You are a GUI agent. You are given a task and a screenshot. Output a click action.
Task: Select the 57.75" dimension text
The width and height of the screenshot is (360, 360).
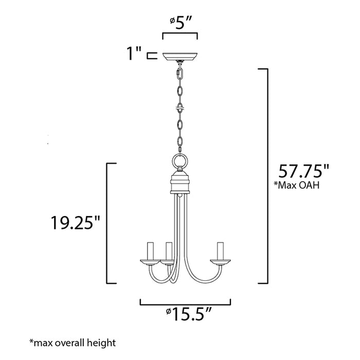[302, 170]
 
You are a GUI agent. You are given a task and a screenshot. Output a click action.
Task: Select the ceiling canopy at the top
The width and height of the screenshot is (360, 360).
[180, 57]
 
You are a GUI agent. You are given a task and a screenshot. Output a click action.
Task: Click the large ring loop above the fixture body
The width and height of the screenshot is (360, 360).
[180, 163]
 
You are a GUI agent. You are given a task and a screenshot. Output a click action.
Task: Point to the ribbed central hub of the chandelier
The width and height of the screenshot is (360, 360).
[180, 183]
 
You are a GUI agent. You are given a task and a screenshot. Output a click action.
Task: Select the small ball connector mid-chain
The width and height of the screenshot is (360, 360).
[180, 109]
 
